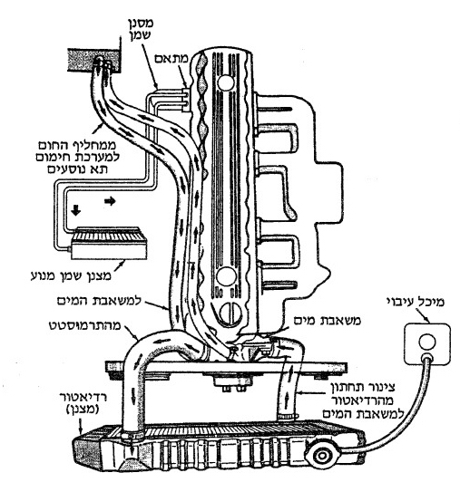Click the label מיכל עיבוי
click(x=416, y=303)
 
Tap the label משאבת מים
click(x=328, y=321)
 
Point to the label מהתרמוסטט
click(x=85, y=325)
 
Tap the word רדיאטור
click(x=83, y=398)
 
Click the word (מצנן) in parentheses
click(x=83, y=410)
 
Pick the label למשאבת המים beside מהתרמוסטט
click(x=99, y=301)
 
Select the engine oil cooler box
click(x=109, y=243)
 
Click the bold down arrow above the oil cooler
click(x=75, y=210)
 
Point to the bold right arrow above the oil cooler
click(x=110, y=200)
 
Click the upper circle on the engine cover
click(x=226, y=82)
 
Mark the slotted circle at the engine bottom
click(x=230, y=314)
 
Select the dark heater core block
click(x=94, y=61)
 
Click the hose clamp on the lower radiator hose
click(x=288, y=417)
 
